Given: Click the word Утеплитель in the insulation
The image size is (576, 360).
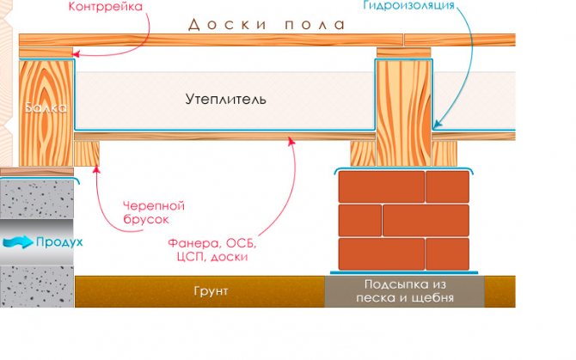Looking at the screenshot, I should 225,100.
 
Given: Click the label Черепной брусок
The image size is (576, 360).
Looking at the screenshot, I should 155,213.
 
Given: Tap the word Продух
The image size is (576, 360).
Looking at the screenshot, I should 58,242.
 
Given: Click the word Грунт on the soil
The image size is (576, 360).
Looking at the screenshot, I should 211,292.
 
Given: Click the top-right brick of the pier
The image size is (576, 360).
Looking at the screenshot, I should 448,186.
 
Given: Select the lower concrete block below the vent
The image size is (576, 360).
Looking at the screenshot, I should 37,284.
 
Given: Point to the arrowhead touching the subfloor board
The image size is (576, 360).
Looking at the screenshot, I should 292,143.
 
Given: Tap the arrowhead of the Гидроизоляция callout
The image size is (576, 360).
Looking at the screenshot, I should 435,129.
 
